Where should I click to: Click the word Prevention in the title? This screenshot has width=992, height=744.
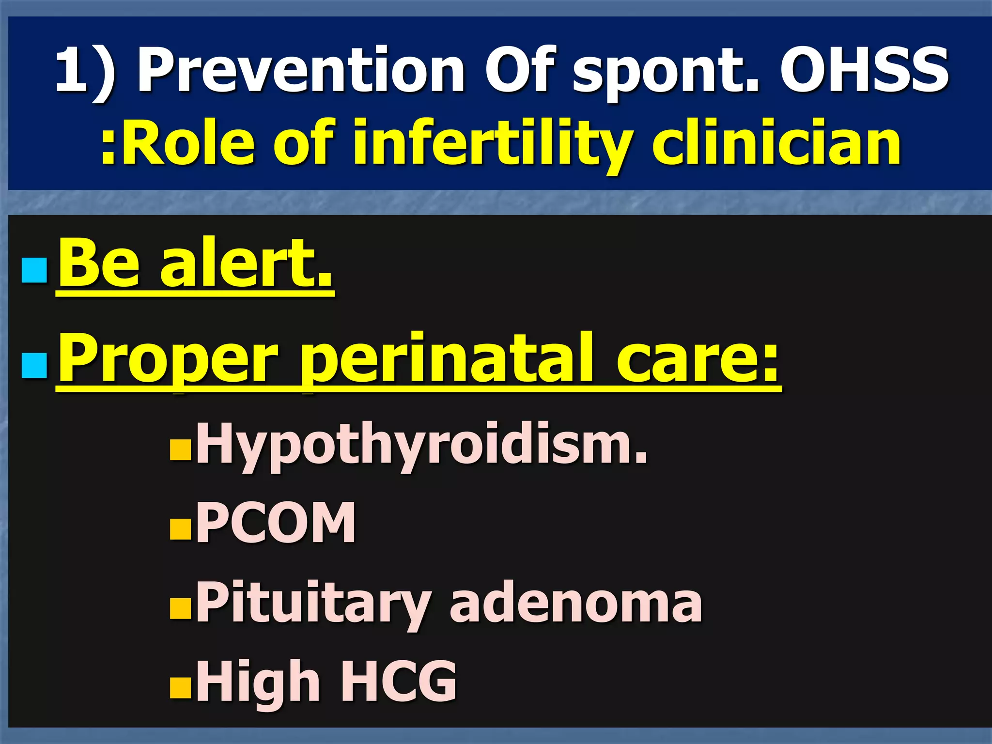pyautogui.click(x=301, y=70)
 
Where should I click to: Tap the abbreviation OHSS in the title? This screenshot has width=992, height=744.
pyautogui.click(x=864, y=70)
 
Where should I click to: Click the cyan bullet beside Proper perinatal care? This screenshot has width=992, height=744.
pyautogui.click(x=34, y=366)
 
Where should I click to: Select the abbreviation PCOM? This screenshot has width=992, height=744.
pyautogui.click(x=276, y=523)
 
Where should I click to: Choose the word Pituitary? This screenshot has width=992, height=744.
pyautogui.click(x=312, y=603)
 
